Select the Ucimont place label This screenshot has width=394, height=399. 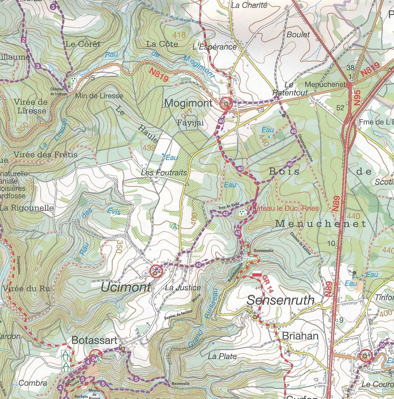pyautogui.click(x=126, y=287)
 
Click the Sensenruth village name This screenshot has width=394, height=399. pyautogui.click(x=280, y=300)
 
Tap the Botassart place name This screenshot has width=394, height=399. pyautogui.click(x=94, y=340)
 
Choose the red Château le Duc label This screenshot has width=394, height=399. pyautogui.click(x=283, y=208)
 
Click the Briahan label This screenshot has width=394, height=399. pyautogui.click(x=300, y=336)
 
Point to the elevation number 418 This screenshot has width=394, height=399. pyautogui.click(x=179, y=34)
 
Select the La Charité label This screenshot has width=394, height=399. pyautogui.click(x=249, y=5)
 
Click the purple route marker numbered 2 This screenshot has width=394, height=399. pyautogui.click(x=23, y=40)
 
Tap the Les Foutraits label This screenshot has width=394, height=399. pyautogui.click(x=164, y=173)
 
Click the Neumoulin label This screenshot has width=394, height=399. pyautogui.click(x=181, y=384)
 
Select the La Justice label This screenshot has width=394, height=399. pyautogui.click(x=183, y=288)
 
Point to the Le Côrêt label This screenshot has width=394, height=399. pyautogui.click(x=83, y=44)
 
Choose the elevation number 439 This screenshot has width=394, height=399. pyautogui.click(x=148, y=147)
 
